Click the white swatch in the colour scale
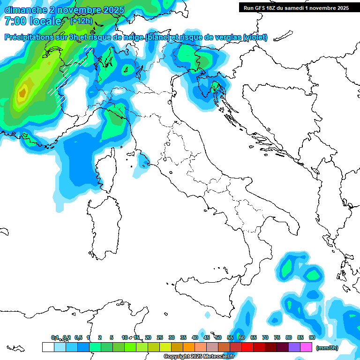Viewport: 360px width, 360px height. tap(48, 347)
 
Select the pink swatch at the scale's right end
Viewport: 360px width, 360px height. tap(306, 347)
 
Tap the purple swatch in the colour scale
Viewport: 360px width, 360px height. tap(294, 347)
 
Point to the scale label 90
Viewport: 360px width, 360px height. tap(312, 337)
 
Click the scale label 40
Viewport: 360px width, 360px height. tap(195, 337)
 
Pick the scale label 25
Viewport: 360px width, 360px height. tap(159, 337)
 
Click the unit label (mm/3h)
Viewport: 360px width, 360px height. tap(327, 347)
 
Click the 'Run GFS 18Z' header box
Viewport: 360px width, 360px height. tap(296, 7)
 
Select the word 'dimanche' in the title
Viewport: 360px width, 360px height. tap(26, 10)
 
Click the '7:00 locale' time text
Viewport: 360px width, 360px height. tap(33, 22)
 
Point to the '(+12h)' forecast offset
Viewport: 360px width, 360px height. tap(81, 21)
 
